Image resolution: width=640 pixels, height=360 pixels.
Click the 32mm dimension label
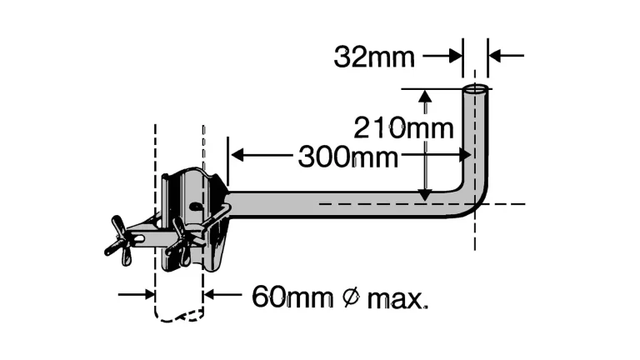(x=374, y=57)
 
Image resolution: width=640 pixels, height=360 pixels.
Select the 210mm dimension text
(x=403, y=128)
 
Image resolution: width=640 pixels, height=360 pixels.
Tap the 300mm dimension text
(x=347, y=157)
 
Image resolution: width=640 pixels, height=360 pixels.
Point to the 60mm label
(x=292, y=297)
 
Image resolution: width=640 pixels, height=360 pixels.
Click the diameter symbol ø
(x=352, y=297)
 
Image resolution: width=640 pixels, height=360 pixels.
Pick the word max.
(x=397, y=299)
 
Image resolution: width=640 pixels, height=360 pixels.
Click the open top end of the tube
(x=476, y=88)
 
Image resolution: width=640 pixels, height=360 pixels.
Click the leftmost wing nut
(x=118, y=241)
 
